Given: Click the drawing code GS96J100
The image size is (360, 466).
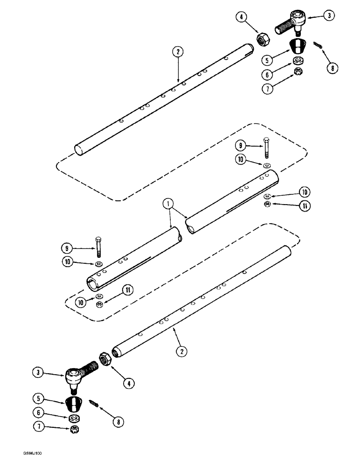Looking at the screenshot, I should point(32,452).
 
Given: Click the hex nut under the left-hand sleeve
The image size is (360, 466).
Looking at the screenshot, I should point(99,304).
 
